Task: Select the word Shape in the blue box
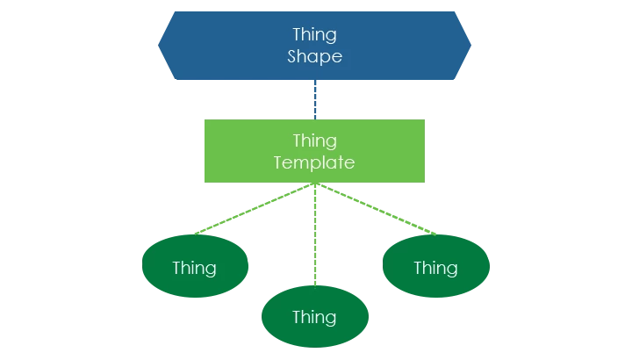pos(314,56)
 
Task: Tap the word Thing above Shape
pos(314,35)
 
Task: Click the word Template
pos(314,162)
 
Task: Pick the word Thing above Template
pos(314,140)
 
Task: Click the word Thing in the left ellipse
pos(195,267)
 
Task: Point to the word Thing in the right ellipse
pos(435,267)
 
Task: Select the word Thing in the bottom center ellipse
pos(314,317)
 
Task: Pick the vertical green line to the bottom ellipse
pos(314,237)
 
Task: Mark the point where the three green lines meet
pos(314,186)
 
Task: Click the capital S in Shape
pos(292,56)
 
